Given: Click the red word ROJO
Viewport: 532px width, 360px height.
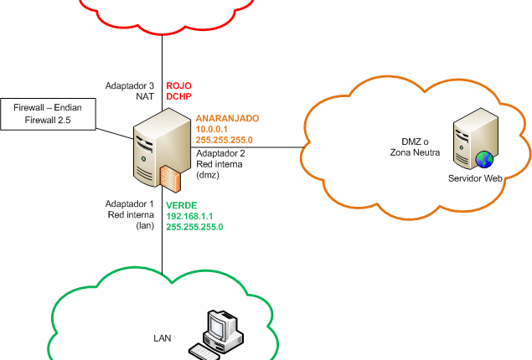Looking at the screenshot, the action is point(178,85).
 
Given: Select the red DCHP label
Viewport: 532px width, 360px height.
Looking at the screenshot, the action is point(178,96).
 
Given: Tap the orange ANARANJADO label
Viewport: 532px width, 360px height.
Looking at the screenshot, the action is point(227,118).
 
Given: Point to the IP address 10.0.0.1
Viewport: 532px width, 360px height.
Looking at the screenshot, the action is point(211,129).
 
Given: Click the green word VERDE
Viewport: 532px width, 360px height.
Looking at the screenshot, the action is point(182,205).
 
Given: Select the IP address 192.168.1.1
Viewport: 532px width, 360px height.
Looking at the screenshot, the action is point(189,216).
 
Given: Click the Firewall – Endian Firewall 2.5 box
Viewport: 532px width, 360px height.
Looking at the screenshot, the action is point(48,114).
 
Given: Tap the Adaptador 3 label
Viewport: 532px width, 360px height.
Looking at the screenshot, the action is point(129,85).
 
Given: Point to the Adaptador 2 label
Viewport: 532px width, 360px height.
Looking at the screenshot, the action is point(220,153).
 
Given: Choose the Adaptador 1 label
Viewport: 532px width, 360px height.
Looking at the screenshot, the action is point(129,203).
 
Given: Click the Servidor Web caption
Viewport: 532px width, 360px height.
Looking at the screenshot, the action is point(475,178).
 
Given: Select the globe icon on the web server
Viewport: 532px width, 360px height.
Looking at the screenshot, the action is point(484,159).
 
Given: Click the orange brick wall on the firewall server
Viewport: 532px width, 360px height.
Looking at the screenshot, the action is point(171,178).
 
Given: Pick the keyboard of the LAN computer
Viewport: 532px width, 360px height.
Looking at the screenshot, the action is point(204,352).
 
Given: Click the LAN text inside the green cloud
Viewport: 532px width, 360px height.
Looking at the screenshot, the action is point(163,338).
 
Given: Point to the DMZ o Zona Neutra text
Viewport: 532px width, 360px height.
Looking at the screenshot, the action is point(415,147).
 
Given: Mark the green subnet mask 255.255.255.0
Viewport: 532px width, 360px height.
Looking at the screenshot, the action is point(194,227).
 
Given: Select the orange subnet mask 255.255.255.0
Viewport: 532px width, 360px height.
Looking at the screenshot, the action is point(224,140).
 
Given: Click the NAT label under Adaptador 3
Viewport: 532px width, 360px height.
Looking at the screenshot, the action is point(145,96).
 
